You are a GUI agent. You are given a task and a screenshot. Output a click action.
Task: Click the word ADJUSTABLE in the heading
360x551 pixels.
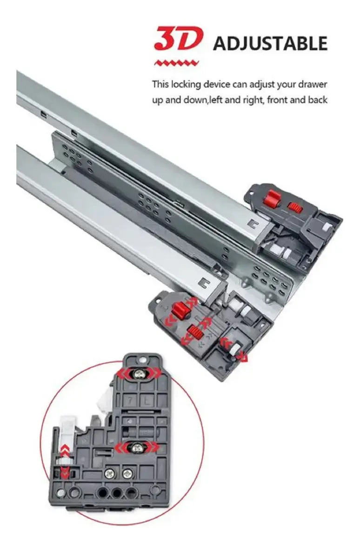tap(270, 44)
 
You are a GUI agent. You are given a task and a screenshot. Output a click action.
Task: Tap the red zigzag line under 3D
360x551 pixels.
tap(176, 63)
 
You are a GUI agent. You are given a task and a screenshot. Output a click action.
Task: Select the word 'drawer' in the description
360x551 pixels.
tap(313, 85)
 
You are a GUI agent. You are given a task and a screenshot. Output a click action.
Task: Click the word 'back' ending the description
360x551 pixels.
tap(318, 100)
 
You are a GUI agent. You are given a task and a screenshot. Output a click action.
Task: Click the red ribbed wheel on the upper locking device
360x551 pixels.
tap(295, 207)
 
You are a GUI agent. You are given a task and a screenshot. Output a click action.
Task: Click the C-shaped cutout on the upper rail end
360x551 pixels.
tap(252, 224)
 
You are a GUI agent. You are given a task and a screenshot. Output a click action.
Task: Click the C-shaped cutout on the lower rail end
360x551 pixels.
tap(204, 282)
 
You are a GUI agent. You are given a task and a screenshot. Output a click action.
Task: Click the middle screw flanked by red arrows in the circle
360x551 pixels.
tap(136, 448)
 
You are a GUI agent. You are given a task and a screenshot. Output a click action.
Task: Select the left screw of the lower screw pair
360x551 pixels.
tap(109, 474)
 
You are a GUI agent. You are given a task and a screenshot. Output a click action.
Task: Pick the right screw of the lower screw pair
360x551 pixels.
tap(127, 474)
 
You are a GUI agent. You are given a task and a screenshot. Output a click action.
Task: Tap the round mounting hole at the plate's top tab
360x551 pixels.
tap(143, 360)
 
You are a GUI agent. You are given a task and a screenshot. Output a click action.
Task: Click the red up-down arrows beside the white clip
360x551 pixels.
tap(64, 460)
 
